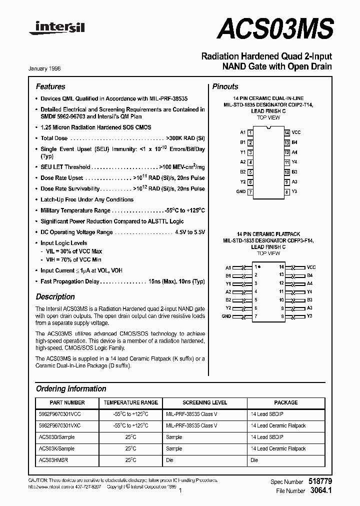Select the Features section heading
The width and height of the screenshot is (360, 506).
(50, 86)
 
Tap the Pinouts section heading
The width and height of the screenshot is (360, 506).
(225, 86)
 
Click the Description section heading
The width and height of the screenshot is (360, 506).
(55, 296)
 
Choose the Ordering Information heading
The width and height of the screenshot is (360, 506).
(71, 388)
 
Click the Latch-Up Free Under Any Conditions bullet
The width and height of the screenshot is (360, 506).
(86, 199)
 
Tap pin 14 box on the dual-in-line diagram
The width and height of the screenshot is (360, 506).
(287, 132)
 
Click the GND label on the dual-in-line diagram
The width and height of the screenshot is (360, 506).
(240, 191)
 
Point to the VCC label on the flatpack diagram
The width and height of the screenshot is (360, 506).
(311, 267)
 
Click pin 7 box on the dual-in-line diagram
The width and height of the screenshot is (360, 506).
(250, 192)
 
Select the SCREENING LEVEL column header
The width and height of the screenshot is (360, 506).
(204, 402)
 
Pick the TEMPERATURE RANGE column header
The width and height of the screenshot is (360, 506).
(130, 402)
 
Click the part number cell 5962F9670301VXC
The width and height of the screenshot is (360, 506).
(59, 425)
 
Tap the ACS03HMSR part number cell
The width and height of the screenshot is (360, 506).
(53, 460)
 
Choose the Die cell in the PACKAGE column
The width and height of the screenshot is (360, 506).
(254, 460)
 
